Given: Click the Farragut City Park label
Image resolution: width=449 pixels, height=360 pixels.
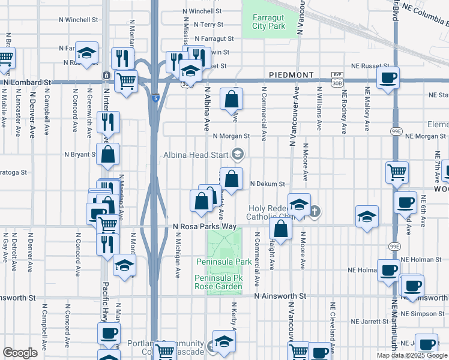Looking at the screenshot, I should click(268, 21).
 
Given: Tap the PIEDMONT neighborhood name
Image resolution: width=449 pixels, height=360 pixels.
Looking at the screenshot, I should click(292, 74).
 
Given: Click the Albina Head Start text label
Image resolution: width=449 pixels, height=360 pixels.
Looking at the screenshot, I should click(196, 155).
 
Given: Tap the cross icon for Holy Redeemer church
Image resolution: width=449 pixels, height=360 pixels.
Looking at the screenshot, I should click(315, 211).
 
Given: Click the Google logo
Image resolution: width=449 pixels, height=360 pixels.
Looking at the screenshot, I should click(20, 353).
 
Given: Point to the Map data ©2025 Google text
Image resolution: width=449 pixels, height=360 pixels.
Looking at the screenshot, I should click(412, 355).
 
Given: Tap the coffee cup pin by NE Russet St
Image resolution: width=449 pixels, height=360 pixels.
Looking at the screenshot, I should click(388, 77).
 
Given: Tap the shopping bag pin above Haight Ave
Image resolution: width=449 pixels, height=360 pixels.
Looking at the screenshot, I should click(280, 228).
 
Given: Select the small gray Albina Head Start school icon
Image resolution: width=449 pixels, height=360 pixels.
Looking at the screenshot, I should click(238, 155).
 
